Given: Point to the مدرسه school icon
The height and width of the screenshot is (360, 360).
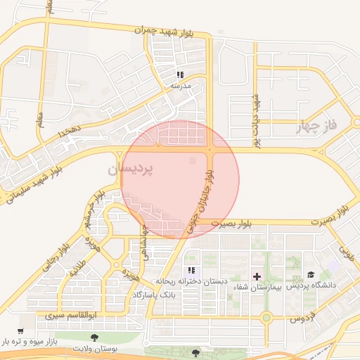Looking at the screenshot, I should tap(180, 75).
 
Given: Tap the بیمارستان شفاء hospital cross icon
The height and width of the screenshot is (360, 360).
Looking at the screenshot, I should tap(257, 276).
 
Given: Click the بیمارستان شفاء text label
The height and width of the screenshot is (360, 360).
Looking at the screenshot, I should tap(257, 288).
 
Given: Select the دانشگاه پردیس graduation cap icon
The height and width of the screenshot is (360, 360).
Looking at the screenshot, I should tap(311, 275).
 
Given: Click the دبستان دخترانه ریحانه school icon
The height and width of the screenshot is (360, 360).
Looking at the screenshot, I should tap(191, 270).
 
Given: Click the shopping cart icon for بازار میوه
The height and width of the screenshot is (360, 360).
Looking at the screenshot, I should tap(20, 331).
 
